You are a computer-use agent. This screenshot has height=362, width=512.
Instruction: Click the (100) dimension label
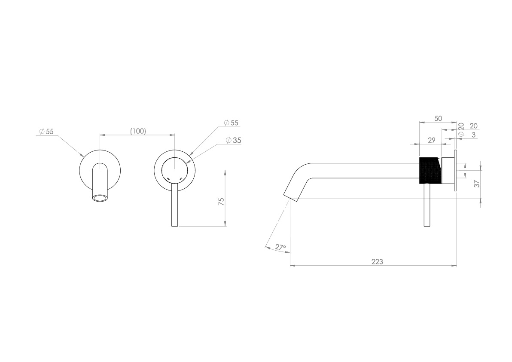138,131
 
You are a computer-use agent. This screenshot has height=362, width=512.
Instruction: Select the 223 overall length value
378,261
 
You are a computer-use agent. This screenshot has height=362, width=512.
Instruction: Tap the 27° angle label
280,247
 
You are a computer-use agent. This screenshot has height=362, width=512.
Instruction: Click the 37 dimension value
475,184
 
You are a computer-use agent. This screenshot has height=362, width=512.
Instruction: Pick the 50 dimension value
438,119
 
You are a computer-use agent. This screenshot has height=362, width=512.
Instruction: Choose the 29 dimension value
432,140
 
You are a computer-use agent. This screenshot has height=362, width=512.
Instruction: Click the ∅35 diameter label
233,140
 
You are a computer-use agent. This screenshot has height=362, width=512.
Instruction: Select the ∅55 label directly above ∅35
231,123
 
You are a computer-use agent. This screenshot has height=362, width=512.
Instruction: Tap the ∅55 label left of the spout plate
46,132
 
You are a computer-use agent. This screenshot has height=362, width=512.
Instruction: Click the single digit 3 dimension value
473,135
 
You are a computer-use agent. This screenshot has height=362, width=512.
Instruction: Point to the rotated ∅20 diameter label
460,129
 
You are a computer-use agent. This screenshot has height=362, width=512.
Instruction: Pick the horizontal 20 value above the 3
474,126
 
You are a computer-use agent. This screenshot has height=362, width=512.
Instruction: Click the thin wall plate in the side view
455,170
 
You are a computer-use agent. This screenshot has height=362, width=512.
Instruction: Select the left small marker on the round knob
168,178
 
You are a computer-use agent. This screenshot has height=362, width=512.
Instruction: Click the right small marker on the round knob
181,178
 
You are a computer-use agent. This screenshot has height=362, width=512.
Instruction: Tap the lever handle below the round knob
175,206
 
